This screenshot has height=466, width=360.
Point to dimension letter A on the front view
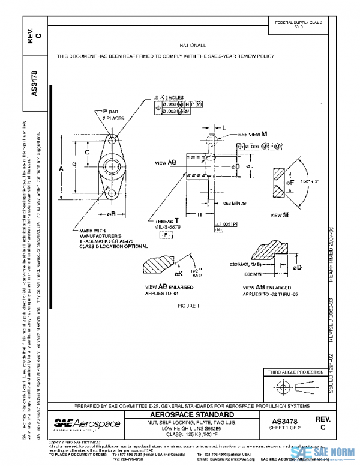pyautogui.click(x=61, y=170)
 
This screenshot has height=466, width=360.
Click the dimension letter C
pyautogui.click(x=88, y=153)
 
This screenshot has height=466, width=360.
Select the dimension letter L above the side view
pyautogui.click(x=224, y=129)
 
